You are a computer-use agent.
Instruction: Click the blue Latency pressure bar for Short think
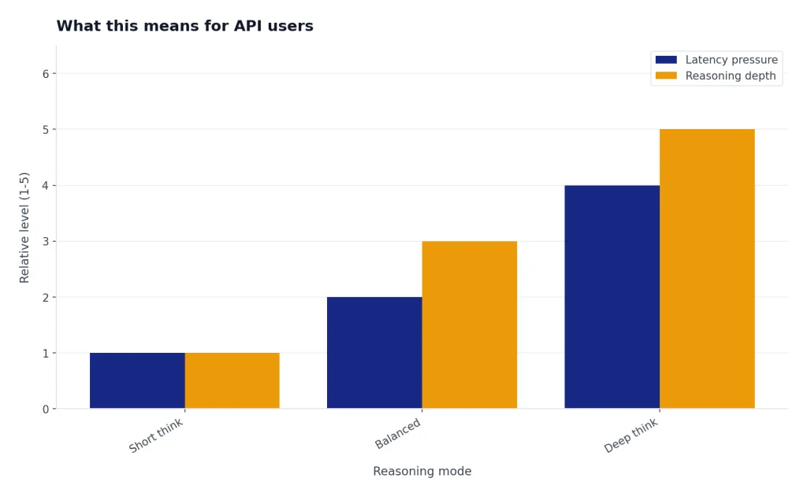tap(137, 380)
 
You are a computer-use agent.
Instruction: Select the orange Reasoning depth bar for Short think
tap(232, 380)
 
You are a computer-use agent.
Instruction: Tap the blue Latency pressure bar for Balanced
tap(374, 353)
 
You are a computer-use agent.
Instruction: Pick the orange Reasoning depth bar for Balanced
tap(470, 325)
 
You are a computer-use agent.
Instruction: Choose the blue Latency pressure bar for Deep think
tap(612, 297)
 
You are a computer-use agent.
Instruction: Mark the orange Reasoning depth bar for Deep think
tap(707, 269)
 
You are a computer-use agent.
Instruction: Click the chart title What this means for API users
tap(184, 26)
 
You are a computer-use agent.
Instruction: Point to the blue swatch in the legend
tap(666, 60)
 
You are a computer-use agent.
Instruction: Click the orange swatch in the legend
tap(666, 76)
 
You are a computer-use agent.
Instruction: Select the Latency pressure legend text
tap(731, 60)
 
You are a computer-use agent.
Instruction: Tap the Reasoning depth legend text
tap(731, 76)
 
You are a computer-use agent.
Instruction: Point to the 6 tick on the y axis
tap(46, 74)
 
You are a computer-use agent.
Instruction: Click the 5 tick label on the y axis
tap(46, 130)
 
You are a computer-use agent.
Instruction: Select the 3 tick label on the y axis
tap(46, 241)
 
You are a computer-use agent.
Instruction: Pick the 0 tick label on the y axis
tap(46, 410)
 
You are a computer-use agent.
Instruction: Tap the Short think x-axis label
tap(156, 436)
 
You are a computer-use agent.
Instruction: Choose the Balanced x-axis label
tap(398, 433)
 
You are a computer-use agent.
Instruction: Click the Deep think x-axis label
tap(631, 436)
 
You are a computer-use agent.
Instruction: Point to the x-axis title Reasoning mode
tap(422, 471)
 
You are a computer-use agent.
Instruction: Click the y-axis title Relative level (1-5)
tap(24, 228)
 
